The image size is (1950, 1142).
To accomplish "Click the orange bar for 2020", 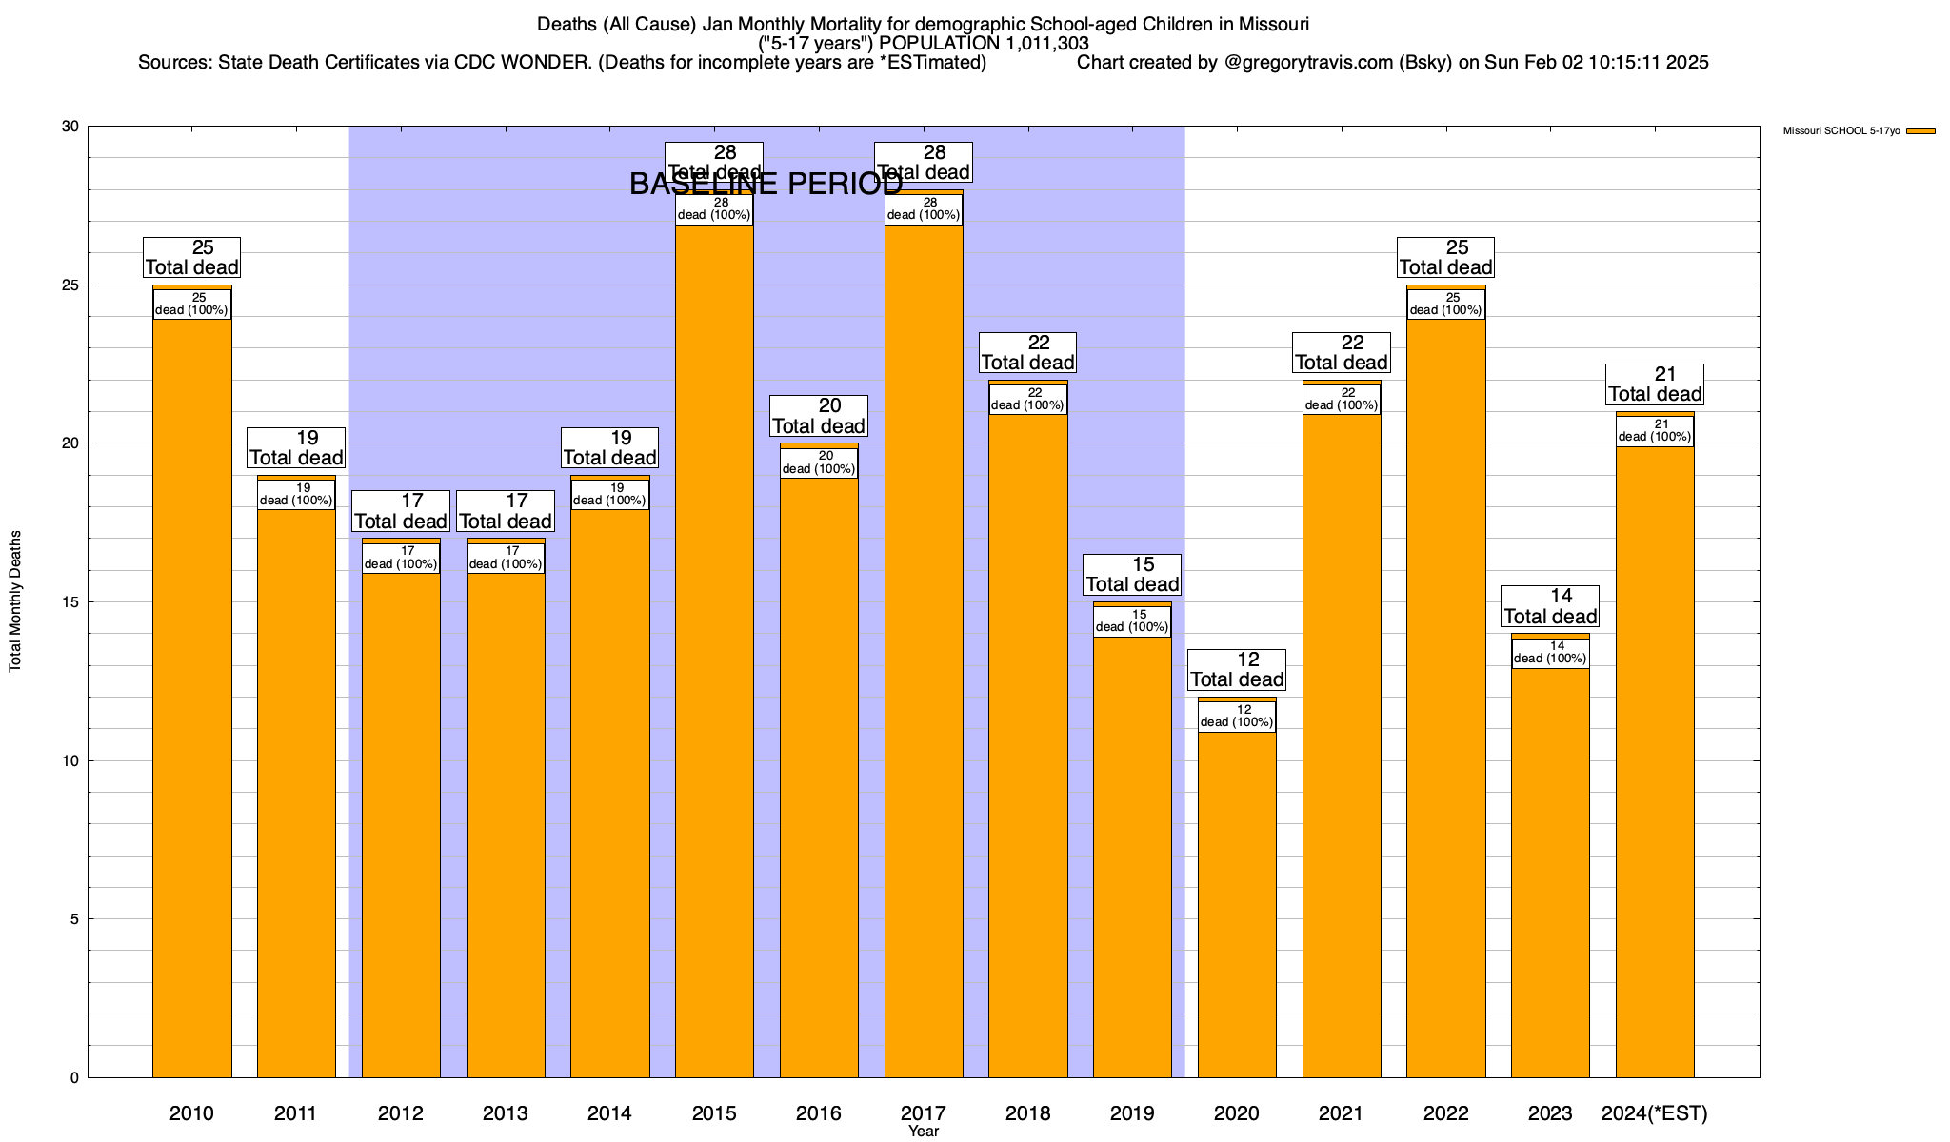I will (x=1237, y=904).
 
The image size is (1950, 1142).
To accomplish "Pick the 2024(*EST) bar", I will (x=1655, y=761).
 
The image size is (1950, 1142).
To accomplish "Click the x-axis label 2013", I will (x=505, y=1113).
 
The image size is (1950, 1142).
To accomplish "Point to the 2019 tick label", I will (x=1132, y=1113).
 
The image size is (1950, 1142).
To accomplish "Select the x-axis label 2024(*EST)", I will (x=1655, y=1113).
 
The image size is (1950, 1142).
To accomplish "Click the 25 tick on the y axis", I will (x=70, y=285).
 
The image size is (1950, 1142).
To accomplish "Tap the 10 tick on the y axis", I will (x=70, y=760).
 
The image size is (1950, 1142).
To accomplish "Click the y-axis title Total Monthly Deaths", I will (x=15, y=601).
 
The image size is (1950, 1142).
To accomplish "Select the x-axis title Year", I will (x=924, y=1132).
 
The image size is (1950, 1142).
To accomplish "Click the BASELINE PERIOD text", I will (x=766, y=185).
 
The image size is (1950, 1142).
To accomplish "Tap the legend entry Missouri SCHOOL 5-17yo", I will (x=1841, y=131).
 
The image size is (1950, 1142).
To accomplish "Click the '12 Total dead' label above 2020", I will (x=1237, y=669).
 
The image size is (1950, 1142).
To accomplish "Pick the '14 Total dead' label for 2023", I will (x=1550, y=606).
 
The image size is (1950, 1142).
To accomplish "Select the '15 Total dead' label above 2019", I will (x=1132, y=575).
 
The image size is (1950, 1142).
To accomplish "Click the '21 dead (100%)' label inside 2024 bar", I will (x=1655, y=431).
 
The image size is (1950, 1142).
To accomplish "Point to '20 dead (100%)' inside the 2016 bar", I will (x=819, y=463).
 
